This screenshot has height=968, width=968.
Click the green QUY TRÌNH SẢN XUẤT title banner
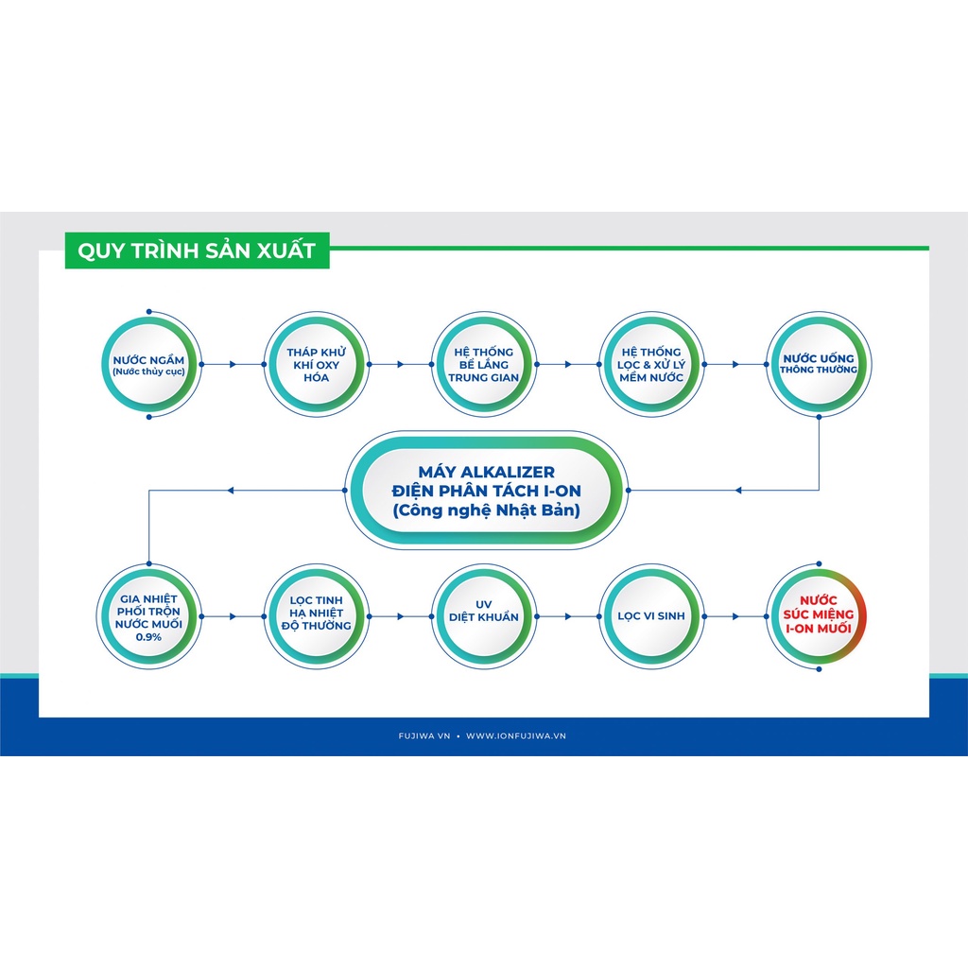197,250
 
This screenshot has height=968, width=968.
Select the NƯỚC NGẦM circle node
148,364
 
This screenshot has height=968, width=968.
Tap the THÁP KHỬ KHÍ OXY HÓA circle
316,364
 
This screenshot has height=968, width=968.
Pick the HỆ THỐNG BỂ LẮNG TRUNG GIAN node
484,364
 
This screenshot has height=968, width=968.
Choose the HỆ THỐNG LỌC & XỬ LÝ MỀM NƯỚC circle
651,364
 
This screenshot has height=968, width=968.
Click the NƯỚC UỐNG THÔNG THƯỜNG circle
819,364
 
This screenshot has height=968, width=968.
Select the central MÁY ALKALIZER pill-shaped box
487,491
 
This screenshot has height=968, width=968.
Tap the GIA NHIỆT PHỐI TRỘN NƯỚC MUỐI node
148,616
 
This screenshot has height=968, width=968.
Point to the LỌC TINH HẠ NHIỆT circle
316,616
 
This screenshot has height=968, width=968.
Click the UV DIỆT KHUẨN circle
484,616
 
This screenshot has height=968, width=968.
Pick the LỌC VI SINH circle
651,616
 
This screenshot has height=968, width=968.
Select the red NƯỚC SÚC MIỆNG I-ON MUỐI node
819,616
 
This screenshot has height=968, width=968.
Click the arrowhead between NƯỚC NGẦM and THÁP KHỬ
233,364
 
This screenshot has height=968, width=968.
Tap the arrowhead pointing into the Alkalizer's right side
738,491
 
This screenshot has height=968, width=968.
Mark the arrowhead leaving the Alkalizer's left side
231,491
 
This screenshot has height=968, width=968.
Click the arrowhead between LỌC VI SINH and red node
735,616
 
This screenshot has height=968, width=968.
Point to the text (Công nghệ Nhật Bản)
487,510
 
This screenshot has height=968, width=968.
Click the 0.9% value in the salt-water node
148,637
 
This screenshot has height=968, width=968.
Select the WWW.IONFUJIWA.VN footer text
516,735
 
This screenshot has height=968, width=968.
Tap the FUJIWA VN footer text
424,735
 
